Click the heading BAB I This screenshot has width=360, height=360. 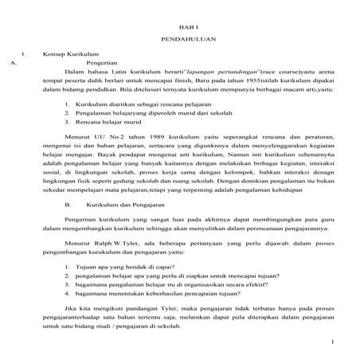point(180,25)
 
